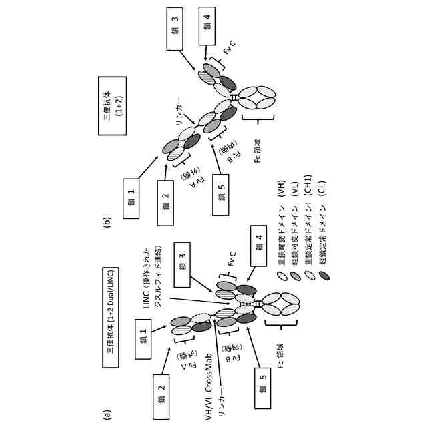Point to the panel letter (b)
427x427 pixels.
[x=108, y=217]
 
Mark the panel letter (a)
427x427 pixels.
[x=108, y=414]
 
